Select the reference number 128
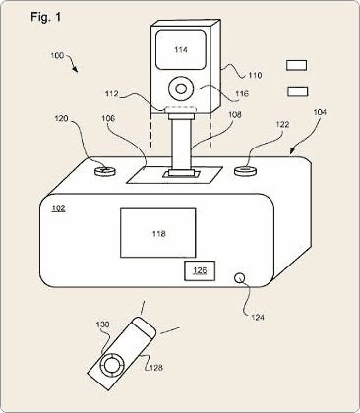click(x=154, y=369)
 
